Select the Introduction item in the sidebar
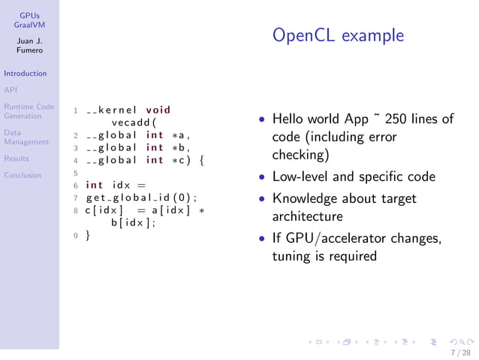pyautogui.click(x=25, y=74)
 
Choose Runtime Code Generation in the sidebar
pyautogui.click(x=28, y=111)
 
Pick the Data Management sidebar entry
pyautogui.click(x=26, y=137)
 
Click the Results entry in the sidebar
pyautogui.click(x=16, y=159)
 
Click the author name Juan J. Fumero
pyautogui.click(x=30, y=45)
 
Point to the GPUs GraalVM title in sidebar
pyautogui.click(x=30, y=20)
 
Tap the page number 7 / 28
pyautogui.click(x=460, y=352)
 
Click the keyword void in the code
pyautogui.click(x=158, y=110)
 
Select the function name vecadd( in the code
pyautogui.click(x=133, y=122)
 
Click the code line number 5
pyautogui.click(x=76, y=173)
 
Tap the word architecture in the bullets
pyautogui.click(x=307, y=216)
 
